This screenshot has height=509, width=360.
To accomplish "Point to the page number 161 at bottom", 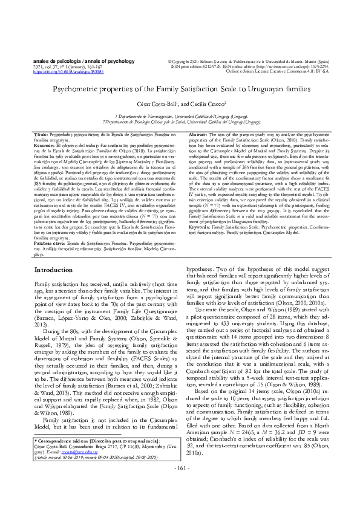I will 180,484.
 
